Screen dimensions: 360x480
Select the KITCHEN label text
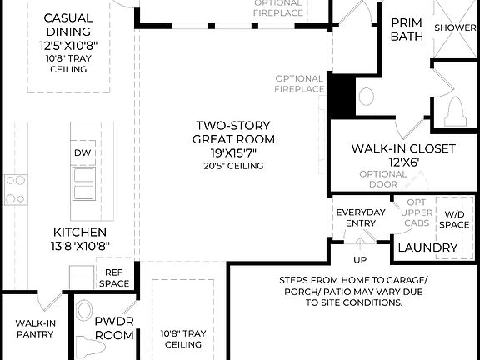point(80,231)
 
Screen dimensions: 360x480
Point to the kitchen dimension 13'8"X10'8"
point(80,245)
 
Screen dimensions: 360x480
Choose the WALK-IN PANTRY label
point(34,328)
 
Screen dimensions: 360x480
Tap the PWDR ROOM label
point(114,327)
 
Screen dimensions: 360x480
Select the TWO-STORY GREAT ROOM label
point(233,132)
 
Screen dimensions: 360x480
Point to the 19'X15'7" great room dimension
point(233,152)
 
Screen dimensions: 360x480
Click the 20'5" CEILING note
point(233,166)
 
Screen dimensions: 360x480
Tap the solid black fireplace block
point(340,95)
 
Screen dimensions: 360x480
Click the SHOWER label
point(457,27)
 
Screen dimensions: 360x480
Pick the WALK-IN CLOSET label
point(402,148)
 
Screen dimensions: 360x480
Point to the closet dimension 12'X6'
point(402,162)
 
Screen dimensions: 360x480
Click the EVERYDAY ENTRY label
point(361,217)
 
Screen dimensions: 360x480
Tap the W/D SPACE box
point(455,218)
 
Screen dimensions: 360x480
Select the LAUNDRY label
point(427,247)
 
